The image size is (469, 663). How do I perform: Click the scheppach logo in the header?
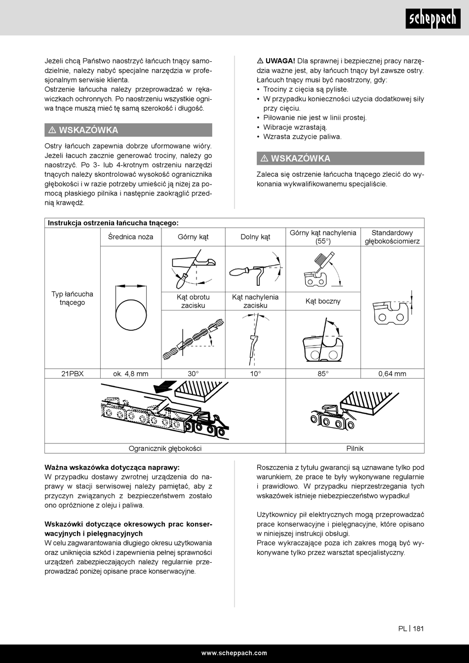coord(433,18)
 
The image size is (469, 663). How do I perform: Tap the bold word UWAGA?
coord(280,61)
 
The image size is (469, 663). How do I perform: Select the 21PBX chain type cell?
coord(73,374)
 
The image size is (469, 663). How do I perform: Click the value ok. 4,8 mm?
coord(130,374)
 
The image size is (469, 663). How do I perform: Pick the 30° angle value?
coord(193,374)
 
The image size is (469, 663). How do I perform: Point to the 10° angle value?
coord(255,374)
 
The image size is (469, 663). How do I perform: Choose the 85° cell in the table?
coord(323,374)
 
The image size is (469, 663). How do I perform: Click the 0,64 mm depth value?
coord(392,374)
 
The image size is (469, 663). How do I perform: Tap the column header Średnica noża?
coord(130,237)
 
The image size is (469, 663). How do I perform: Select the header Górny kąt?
coord(193,237)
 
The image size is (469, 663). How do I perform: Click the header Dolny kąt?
coord(255,237)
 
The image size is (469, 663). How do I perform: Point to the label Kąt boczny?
coord(323,301)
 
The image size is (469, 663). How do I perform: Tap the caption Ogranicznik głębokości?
coord(165,448)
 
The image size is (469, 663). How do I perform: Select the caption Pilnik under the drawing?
coord(355,448)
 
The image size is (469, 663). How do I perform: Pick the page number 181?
coord(419,628)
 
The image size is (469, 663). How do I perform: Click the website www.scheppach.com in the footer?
coord(234,653)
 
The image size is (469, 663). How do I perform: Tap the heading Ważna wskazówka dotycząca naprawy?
coord(112,468)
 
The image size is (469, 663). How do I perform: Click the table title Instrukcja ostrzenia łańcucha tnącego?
coord(114,223)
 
